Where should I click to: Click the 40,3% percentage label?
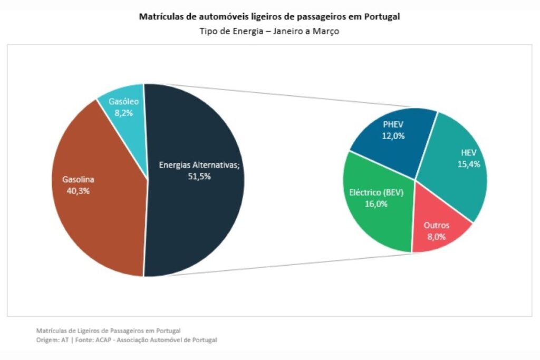(78, 191)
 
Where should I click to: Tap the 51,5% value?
(199, 177)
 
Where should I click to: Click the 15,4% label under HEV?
(469, 164)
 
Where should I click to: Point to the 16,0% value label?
(376, 204)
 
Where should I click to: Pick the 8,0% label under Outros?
(436, 237)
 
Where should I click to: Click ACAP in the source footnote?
(102, 340)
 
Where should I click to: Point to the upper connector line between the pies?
(290, 97)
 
